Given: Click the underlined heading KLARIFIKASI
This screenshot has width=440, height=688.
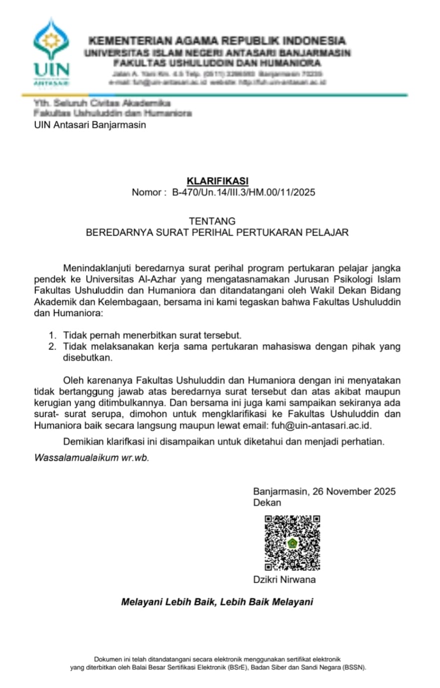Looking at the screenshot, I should [x=217, y=181].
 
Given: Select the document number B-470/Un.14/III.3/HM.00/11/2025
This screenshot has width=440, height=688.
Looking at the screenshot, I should [x=243, y=192].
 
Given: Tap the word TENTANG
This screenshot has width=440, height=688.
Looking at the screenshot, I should [x=212, y=221].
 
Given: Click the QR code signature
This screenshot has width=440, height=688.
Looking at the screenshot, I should [x=292, y=543].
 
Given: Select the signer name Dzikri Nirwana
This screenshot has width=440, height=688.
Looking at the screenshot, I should [x=284, y=580].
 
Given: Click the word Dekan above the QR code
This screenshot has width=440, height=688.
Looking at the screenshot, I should [x=267, y=503].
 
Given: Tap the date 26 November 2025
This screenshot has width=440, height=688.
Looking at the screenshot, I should [x=354, y=491].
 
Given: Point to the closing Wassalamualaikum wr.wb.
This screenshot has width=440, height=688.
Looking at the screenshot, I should [x=92, y=457].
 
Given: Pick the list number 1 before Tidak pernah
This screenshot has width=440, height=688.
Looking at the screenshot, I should [x=51, y=336].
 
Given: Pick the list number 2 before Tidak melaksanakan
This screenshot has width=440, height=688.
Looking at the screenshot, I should [x=51, y=346].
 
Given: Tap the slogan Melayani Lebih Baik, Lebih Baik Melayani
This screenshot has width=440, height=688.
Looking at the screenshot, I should [x=217, y=602].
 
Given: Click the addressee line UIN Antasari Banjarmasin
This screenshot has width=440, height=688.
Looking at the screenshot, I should [x=90, y=125].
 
